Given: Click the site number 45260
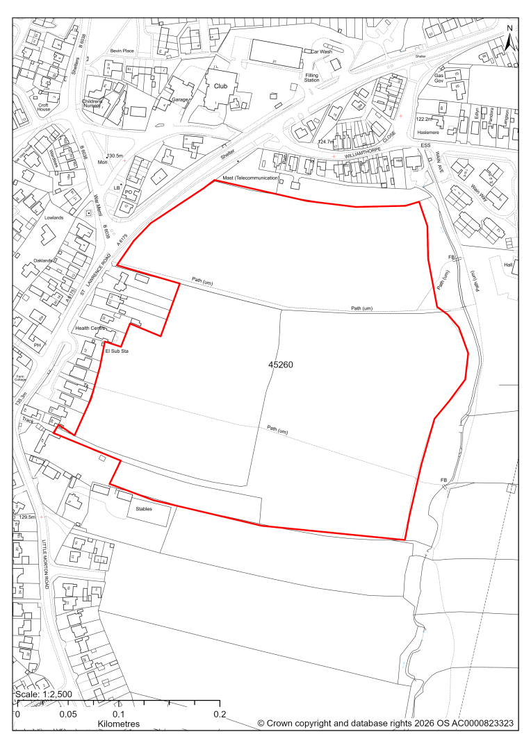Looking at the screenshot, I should click(x=282, y=364).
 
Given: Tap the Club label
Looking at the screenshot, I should click(x=221, y=86).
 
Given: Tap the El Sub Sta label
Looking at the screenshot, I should click(x=117, y=351).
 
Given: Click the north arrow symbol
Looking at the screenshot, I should click(x=509, y=38).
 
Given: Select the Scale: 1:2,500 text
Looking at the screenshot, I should click(x=42, y=694).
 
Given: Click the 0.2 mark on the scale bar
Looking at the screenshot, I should click(x=220, y=714).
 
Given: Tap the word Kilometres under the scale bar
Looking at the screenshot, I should click(x=118, y=724).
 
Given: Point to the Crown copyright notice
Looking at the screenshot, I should click(x=385, y=724).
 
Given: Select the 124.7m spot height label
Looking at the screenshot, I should click(x=326, y=142).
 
